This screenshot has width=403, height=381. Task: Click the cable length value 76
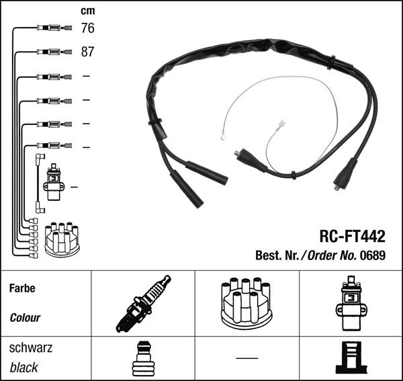87,28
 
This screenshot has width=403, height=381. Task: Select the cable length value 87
87,52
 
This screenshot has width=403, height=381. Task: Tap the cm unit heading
87,11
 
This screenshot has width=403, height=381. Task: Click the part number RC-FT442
352,237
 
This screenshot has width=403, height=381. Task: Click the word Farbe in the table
22,288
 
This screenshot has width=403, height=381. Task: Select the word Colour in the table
25,318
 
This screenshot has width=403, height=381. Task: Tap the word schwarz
31,348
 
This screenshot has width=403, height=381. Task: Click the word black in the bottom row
24,368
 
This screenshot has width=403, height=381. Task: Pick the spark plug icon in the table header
143,304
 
